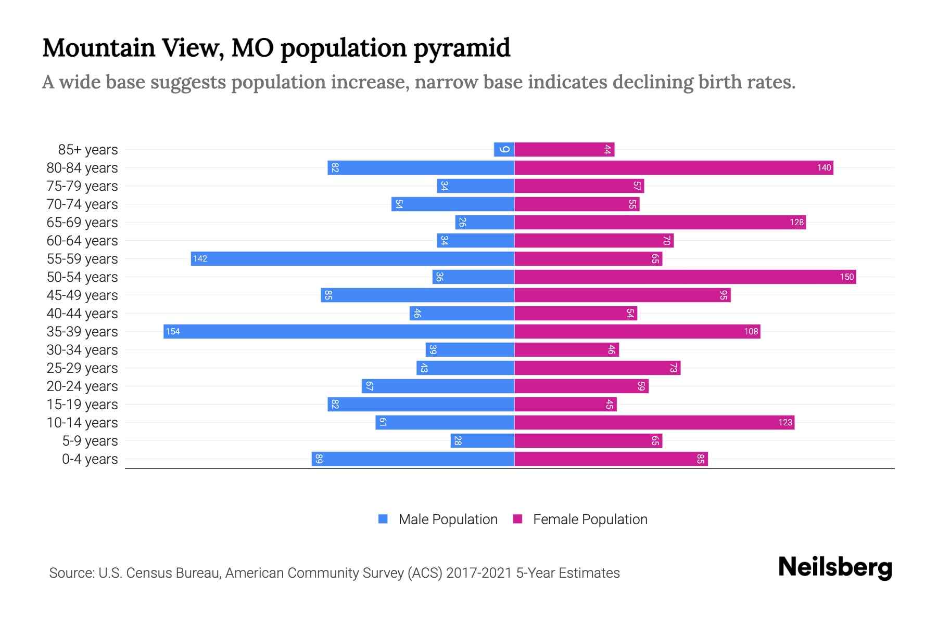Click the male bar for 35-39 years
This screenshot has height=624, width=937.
pos(338,331)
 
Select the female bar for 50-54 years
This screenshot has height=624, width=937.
pos(685,277)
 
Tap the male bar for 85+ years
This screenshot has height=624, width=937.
pos(504,149)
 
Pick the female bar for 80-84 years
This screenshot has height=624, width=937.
pos(674,167)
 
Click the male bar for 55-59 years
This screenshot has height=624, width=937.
pos(352,258)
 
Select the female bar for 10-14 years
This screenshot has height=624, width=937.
pos(654,422)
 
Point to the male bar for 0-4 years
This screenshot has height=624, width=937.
pos(413,459)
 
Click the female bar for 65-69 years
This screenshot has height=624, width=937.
pos(660,222)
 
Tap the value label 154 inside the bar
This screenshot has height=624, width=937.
pos(173,331)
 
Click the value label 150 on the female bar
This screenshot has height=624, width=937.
pos(846,277)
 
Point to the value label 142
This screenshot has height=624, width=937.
pos(200,258)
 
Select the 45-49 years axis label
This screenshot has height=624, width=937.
pos(82,295)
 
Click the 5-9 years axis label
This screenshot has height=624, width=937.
pos(90,440)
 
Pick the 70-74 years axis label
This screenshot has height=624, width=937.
pos(82,204)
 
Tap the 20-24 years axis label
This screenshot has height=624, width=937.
pos(82,386)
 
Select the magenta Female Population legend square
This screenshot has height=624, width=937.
pos(517,519)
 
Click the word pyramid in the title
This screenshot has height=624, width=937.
pos(462,48)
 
